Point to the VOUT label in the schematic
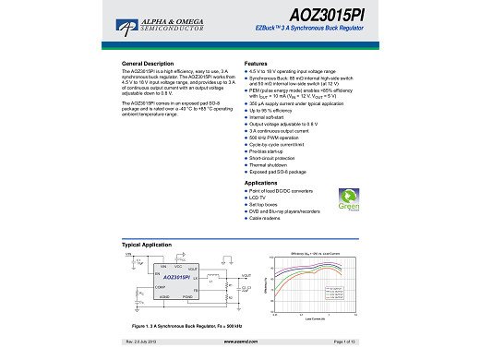click(x=246, y=275)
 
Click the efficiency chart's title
click(x=316, y=251)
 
